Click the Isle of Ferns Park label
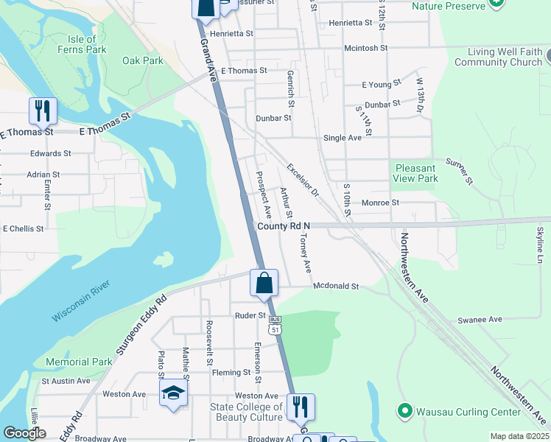(x=82, y=44)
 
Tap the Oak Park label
(x=143, y=60)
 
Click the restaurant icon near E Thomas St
(x=42, y=111)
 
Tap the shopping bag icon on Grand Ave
(x=263, y=284)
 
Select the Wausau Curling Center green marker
(x=404, y=410)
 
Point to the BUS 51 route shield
(x=275, y=326)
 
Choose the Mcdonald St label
(x=335, y=286)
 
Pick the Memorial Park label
(x=79, y=362)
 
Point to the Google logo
(x=24, y=433)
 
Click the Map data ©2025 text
(x=519, y=436)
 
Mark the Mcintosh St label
(x=365, y=48)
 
